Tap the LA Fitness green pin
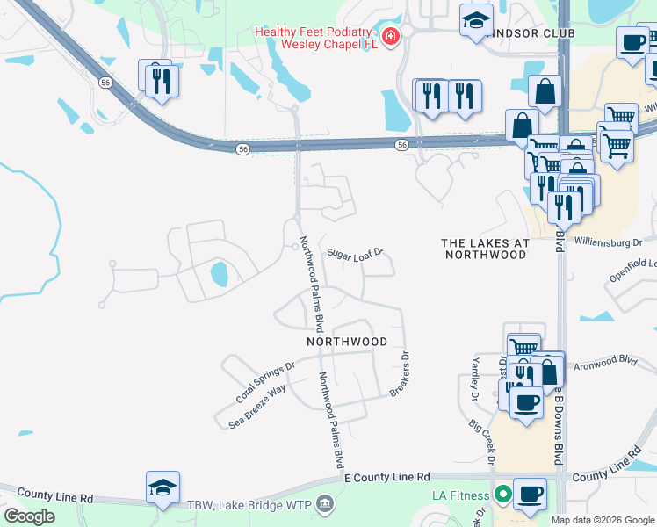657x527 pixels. tap(502, 496)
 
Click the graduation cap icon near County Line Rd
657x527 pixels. tap(163, 487)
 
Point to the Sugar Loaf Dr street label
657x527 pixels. tap(356, 254)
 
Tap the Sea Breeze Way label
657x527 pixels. tap(257, 405)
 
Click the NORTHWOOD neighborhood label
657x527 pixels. tap(347, 341)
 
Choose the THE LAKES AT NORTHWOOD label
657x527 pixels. tap(485, 249)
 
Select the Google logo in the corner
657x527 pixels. tap(29, 516)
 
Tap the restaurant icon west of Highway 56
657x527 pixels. tap(159, 80)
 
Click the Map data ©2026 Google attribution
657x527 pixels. tap(603, 520)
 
